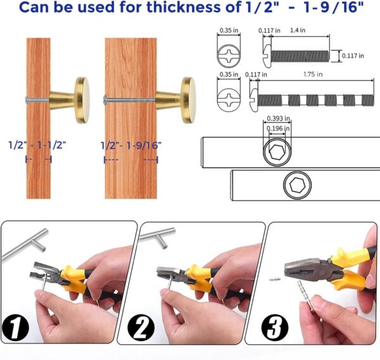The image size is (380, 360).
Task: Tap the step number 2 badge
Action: pyautogui.click(x=142, y=330)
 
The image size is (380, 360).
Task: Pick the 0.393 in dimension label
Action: pyautogui.click(x=278, y=118)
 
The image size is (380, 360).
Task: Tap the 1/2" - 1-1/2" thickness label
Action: pyautogui.click(x=38, y=145)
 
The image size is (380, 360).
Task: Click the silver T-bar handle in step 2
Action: pyautogui.click(x=155, y=241)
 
